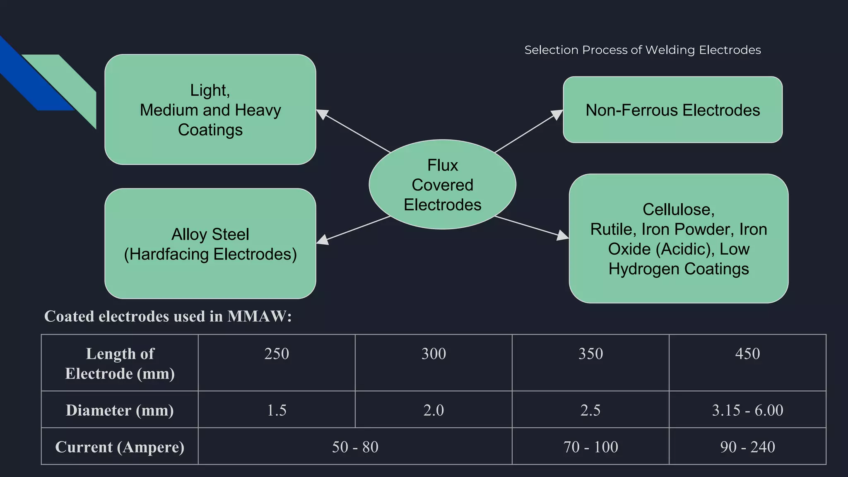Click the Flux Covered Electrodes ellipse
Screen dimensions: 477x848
pos(442,185)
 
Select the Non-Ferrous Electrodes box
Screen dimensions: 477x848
pos(672,110)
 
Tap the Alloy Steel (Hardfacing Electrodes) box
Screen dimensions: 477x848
pos(210,244)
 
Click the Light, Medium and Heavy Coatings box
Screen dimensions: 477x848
pos(210,110)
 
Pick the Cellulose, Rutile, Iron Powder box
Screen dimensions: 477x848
pos(678,239)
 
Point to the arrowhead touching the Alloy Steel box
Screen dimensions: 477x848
pos(323,239)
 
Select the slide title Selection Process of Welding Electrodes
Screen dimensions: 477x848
pos(642,50)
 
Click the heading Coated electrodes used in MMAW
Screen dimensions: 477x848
pos(168,316)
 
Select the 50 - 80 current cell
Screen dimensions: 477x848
pos(355,447)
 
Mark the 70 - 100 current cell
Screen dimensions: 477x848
pos(590,447)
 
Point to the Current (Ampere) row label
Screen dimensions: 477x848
pos(120,447)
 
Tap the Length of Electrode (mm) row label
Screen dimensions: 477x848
pos(120,364)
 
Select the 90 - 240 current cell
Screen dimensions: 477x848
pos(747,447)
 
